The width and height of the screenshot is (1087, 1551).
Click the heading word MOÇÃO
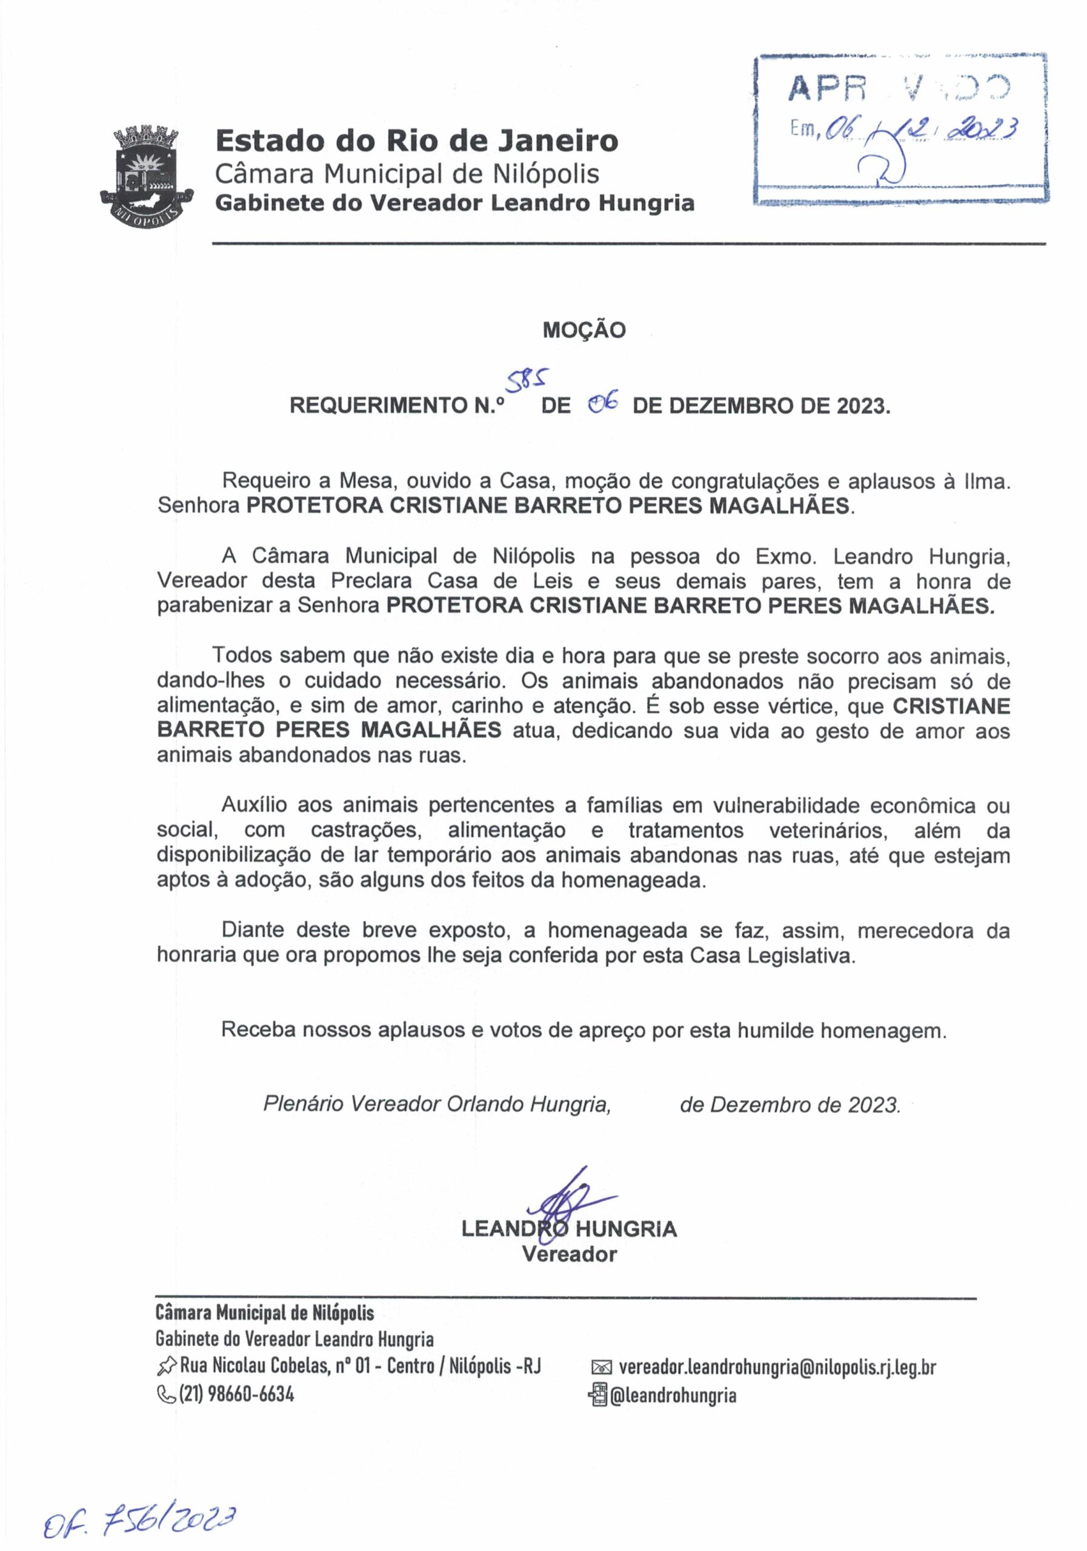pyautogui.click(x=583, y=330)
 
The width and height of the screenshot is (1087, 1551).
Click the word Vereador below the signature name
pyautogui.click(x=570, y=1255)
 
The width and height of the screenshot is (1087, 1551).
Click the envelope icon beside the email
pyautogui.click(x=600, y=1368)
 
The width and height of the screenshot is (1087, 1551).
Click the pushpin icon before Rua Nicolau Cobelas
pyautogui.click(x=165, y=1367)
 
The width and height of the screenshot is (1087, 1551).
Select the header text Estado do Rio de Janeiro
pyautogui.click(x=416, y=141)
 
